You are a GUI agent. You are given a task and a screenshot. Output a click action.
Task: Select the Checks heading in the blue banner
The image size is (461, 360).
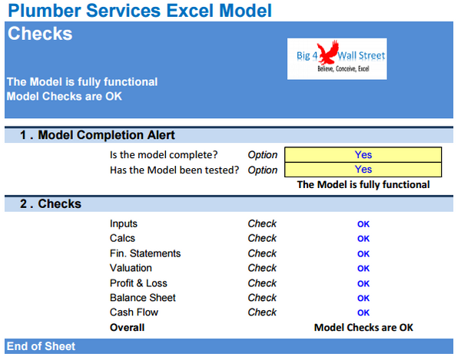point(40,35)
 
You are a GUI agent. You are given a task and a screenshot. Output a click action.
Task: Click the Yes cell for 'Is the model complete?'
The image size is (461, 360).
point(363,154)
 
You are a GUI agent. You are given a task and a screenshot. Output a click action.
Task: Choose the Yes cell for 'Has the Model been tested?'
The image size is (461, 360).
point(363,170)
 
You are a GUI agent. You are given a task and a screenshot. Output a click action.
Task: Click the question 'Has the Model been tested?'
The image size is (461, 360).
point(174,170)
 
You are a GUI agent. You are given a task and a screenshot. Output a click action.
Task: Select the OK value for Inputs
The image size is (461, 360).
point(363,224)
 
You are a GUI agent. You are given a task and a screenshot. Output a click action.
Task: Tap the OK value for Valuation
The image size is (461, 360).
point(363,269)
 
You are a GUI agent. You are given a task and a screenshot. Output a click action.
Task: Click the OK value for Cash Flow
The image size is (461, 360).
point(363,313)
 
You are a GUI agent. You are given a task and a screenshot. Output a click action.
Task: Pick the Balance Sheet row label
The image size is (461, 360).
point(143,298)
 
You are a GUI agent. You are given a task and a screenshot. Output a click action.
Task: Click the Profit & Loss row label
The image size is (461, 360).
point(138,283)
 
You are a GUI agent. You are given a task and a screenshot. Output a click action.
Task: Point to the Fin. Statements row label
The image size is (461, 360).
point(145,253)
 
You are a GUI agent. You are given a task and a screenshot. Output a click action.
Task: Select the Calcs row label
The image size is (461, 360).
point(122,239)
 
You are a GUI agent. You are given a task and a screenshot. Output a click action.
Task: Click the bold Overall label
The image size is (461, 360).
point(127,328)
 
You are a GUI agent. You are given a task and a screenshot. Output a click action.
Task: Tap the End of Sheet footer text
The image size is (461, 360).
point(41,347)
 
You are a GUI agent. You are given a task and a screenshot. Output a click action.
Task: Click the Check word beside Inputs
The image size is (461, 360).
point(262,224)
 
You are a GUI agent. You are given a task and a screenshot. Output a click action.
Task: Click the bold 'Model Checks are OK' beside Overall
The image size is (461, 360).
point(363,328)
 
